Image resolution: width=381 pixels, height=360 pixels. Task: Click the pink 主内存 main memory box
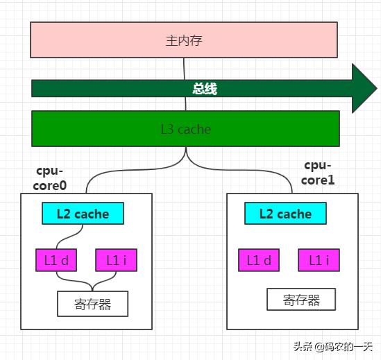184,40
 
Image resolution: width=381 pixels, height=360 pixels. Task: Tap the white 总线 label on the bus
205,89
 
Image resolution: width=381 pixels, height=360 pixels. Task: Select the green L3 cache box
185,128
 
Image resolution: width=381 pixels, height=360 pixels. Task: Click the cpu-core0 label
50,178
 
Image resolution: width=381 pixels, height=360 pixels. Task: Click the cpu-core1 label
318,173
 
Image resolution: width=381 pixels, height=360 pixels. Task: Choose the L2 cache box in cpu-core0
83,213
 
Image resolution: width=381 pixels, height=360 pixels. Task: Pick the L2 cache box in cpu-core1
285,213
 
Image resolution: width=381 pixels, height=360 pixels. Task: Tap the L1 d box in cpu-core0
56,260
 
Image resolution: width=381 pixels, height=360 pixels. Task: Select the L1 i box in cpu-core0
117,260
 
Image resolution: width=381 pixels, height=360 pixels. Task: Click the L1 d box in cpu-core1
259,260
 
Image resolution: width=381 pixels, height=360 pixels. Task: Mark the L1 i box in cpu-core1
319,260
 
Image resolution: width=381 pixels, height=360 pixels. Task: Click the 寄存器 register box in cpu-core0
92,304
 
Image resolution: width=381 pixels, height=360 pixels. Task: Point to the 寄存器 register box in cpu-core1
301,299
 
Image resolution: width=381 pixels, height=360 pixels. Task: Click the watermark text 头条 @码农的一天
333,346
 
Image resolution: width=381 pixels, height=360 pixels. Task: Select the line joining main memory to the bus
184,69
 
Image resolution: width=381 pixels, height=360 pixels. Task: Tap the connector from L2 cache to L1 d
69,236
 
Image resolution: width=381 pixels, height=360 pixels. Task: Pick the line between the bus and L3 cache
185,104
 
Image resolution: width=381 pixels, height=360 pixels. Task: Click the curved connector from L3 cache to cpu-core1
243,171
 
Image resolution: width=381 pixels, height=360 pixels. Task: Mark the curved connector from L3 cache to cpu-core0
131,171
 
